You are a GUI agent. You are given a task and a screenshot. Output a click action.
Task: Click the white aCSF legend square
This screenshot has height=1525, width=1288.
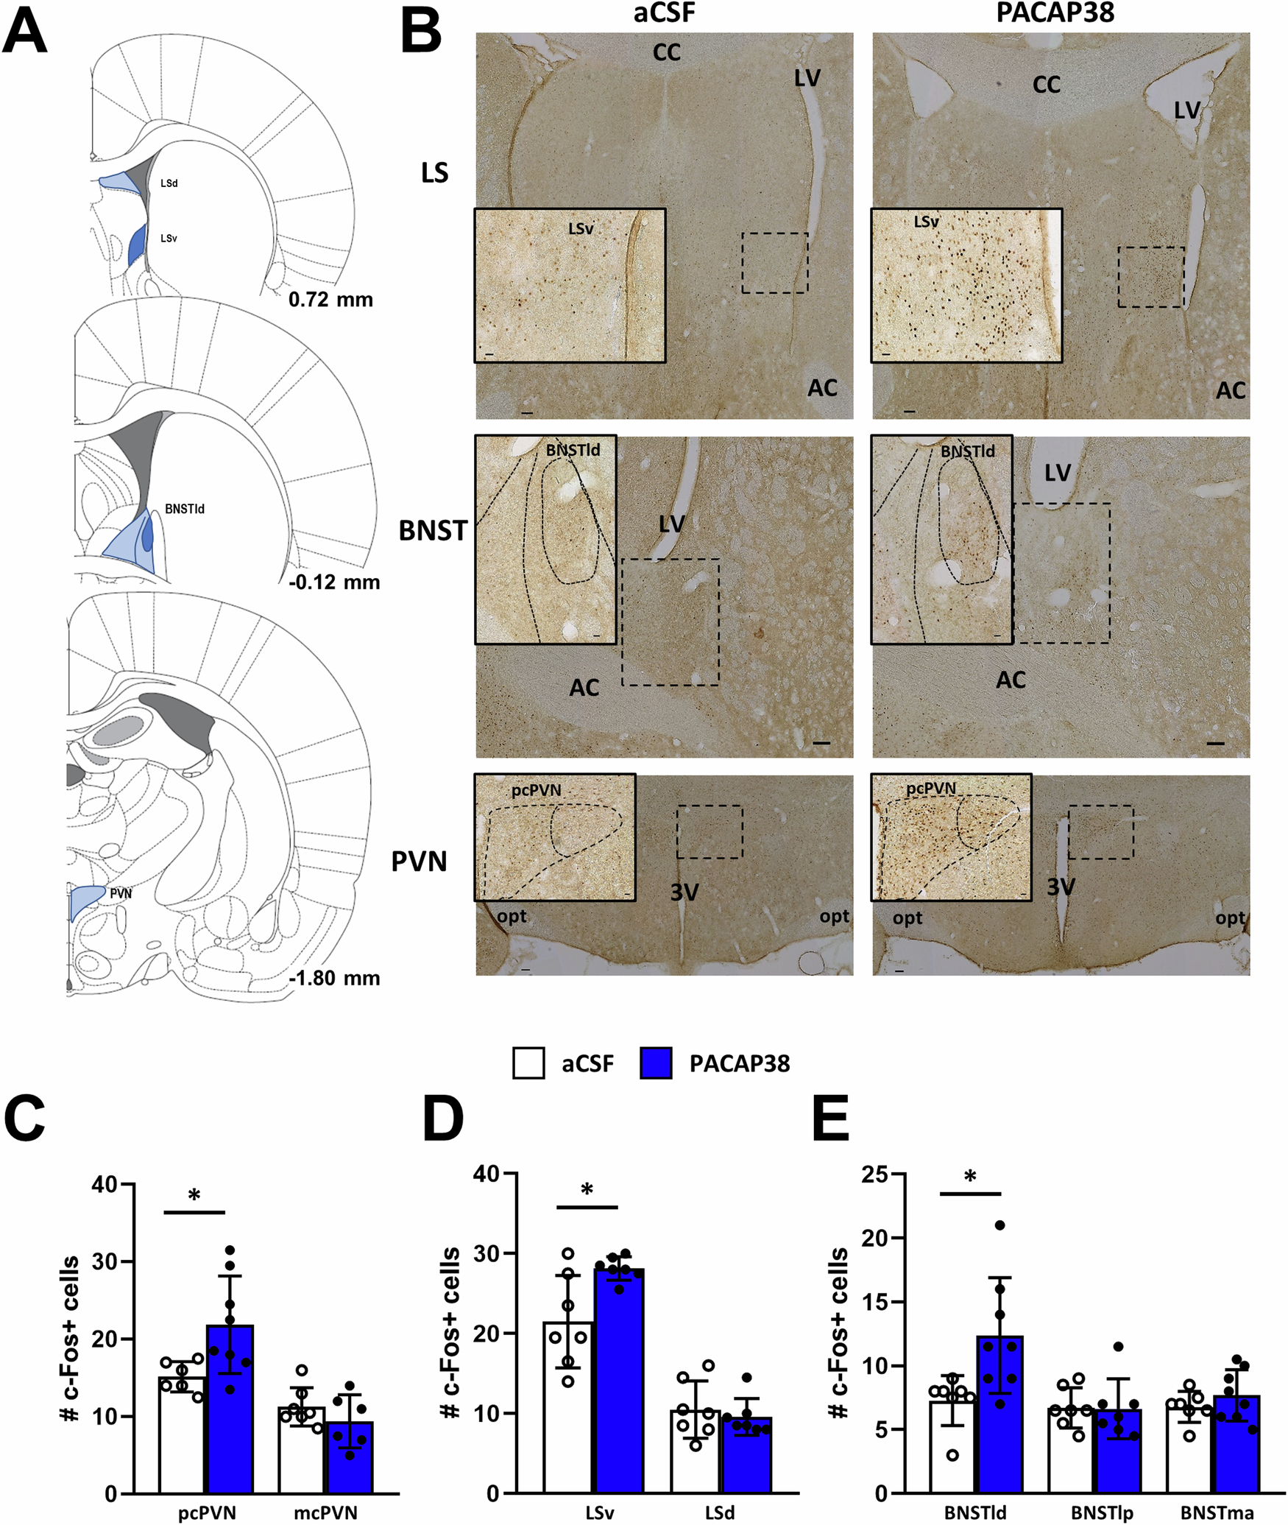[x=528, y=1063]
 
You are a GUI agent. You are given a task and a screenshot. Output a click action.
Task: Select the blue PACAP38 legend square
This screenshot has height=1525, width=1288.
[x=656, y=1063]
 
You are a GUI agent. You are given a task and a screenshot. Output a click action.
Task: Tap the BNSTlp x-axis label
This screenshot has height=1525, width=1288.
[x=1102, y=1512]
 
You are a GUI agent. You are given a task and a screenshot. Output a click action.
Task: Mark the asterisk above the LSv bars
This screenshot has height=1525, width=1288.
[x=587, y=1190]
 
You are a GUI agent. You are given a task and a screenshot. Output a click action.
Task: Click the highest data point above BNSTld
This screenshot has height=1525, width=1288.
[x=999, y=1225]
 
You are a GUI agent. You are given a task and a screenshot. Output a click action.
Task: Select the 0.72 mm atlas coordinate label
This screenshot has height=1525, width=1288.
[x=330, y=300]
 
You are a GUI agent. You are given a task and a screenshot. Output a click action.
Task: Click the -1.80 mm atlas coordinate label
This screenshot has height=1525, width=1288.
[x=335, y=978]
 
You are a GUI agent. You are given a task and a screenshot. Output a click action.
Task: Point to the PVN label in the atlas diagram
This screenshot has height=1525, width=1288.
[x=121, y=893]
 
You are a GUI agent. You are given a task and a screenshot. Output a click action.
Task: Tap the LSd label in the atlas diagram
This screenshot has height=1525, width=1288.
[x=169, y=183]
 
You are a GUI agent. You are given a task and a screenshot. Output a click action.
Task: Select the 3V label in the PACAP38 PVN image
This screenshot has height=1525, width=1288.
[x=1061, y=887]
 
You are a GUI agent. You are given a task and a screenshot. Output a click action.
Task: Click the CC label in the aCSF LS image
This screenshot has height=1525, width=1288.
[x=666, y=52]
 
